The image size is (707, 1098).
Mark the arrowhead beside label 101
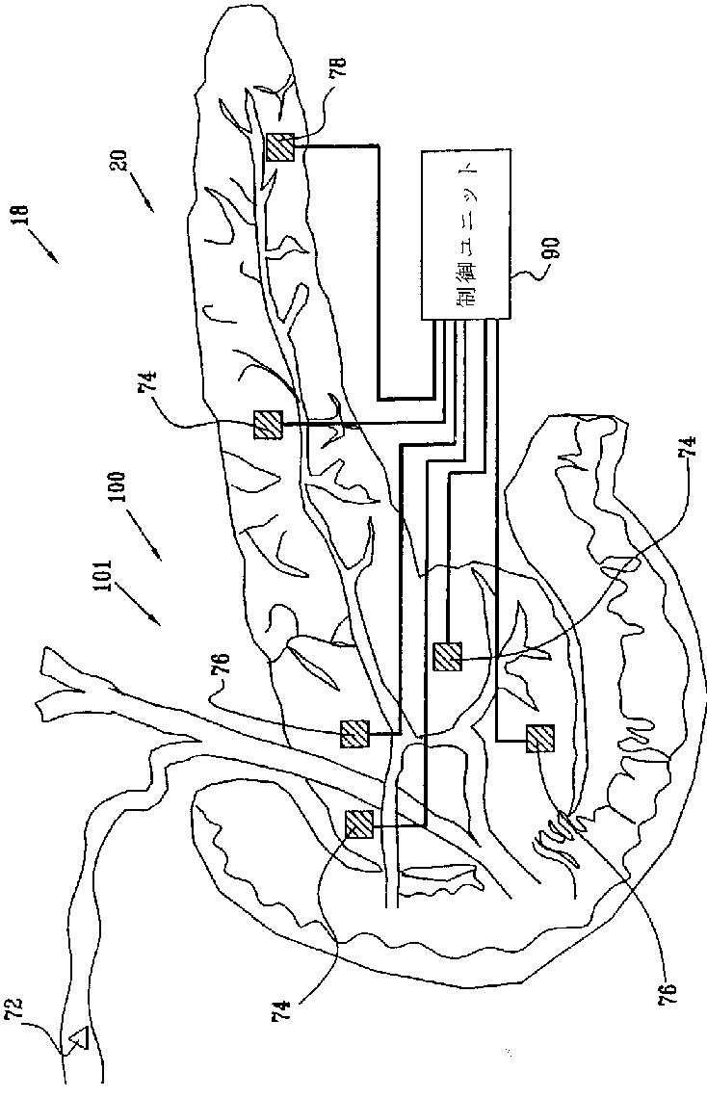(x=157, y=622)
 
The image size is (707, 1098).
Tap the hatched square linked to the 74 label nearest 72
(x=359, y=824)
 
